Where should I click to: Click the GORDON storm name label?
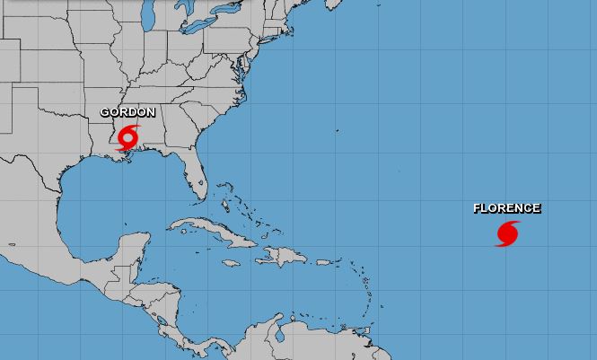[x=127, y=112]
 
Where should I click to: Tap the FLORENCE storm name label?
[x=506, y=208]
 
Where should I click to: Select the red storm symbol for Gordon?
[x=128, y=138]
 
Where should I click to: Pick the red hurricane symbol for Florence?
[x=507, y=233]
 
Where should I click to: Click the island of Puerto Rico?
[x=322, y=261]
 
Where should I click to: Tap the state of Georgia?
[x=185, y=126]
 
